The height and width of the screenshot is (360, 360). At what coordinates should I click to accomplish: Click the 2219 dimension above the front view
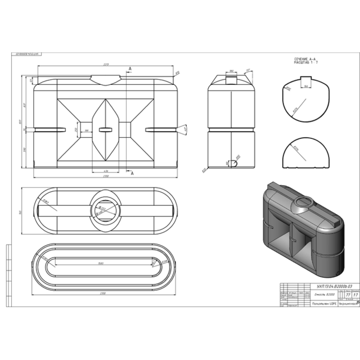point(106,65)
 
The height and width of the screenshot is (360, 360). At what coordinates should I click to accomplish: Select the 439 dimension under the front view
point(106,170)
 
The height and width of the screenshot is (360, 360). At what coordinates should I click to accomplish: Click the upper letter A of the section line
point(130,69)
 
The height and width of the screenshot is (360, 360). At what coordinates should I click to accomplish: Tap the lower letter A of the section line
point(132,174)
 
